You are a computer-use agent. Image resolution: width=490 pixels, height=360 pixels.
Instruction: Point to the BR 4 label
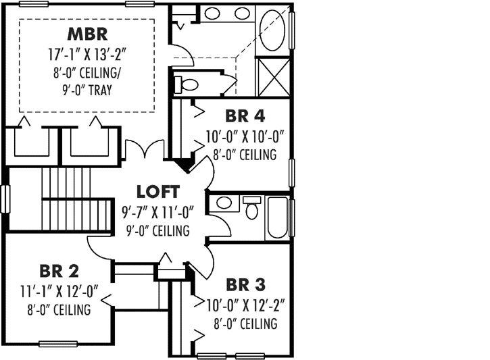tap(241, 117)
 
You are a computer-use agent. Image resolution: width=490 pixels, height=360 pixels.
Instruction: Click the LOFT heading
tap(158, 191)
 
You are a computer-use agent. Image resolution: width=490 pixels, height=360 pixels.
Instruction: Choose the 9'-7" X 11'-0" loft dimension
tap(157, 212)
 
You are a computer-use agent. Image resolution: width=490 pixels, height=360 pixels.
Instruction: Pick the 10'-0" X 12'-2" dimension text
tap(242, 305)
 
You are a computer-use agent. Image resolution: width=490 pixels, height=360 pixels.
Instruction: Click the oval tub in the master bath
tap(274, 30)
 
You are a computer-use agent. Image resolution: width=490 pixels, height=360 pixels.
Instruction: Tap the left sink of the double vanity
tap(212, 13)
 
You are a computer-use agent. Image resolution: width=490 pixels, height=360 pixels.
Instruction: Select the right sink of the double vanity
tap(242, 13)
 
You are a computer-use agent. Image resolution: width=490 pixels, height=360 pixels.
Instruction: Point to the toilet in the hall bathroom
tap(252, 208)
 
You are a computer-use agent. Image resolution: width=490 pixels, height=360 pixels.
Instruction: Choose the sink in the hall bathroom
tap(224, 203)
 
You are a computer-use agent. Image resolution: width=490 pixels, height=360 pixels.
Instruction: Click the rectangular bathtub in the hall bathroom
tap(277, 217)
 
